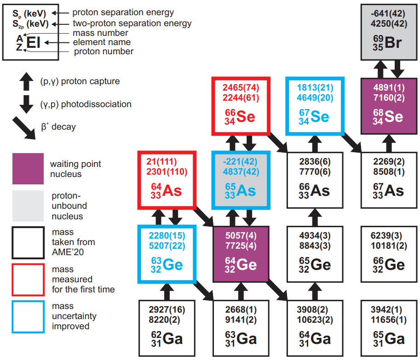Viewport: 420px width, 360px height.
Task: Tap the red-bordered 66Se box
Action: coord(241,106)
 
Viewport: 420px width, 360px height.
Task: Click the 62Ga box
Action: coord(167,328)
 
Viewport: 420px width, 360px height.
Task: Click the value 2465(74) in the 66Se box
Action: coord(241,88)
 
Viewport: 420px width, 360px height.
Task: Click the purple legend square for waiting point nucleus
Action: coord(28,169)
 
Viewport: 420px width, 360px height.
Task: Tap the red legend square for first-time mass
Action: coord(28,279)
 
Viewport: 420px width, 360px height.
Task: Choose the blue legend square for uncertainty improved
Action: coord(28,317)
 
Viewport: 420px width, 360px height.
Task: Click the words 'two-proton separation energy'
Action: coord(132,23)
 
